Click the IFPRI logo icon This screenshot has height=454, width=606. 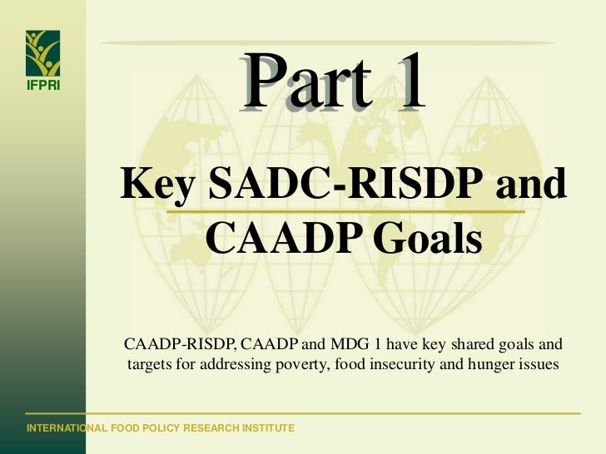42,53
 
